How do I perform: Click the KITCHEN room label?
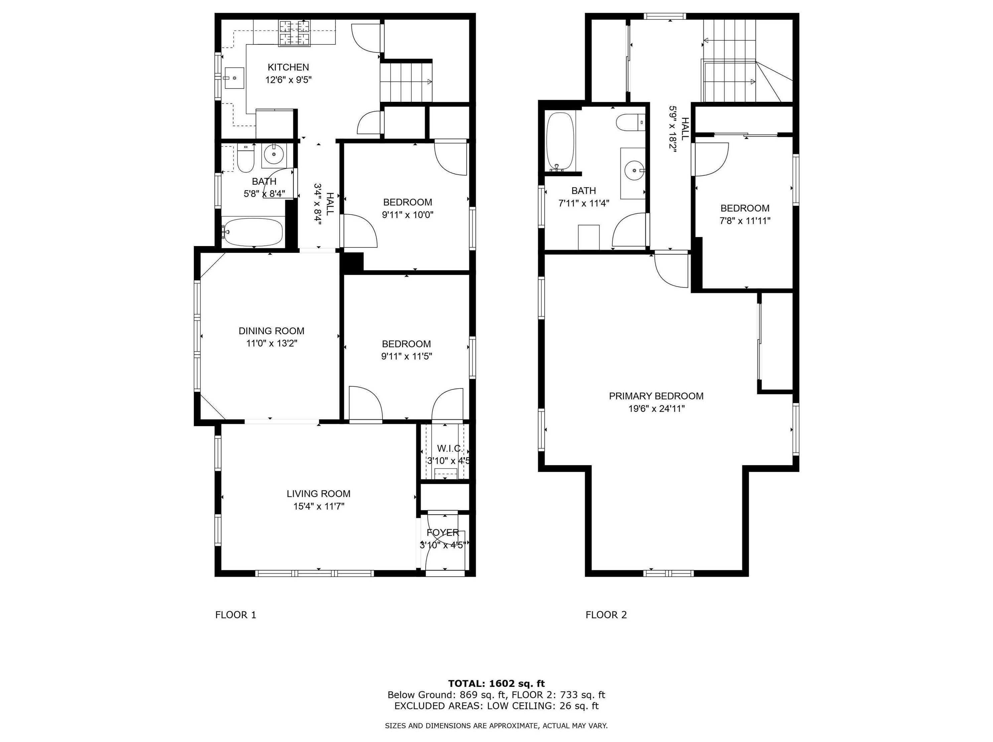[x=288, y=67]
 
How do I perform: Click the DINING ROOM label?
[x=271, y=331]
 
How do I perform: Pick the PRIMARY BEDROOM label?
[x=656, y=396]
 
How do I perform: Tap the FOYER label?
[x=443, y=533]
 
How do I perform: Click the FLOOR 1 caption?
[x=236, y=614]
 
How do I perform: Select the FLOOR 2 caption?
[x=606, y=614]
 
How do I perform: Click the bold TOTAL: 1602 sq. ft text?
[x=496, y=684]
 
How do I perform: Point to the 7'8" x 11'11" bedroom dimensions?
[x=745, y=221]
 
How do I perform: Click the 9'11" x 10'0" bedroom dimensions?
[x=408, y=215]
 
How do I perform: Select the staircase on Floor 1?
[x=406, y=82]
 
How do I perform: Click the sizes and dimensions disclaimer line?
[x=496, y=725]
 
